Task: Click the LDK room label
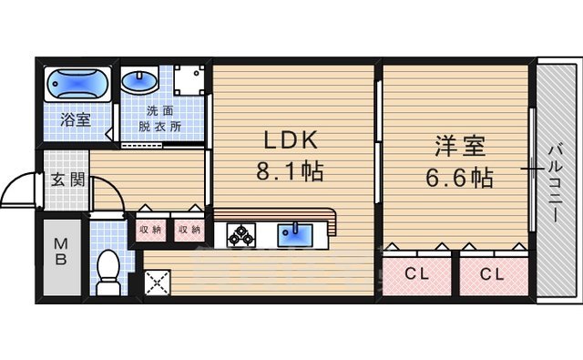pos(291,140)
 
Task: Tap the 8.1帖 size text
pos(291,172)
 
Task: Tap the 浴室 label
pos(75,119)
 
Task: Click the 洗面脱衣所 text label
pos(164,119)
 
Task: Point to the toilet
pos(108,270)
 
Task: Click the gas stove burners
pos(241,235)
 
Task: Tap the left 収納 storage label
pos(150,230)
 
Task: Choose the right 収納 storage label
pos(189,230)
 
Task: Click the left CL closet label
pos(415,273)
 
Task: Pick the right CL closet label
pos(492,273)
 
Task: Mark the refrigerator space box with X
pos(155,280)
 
